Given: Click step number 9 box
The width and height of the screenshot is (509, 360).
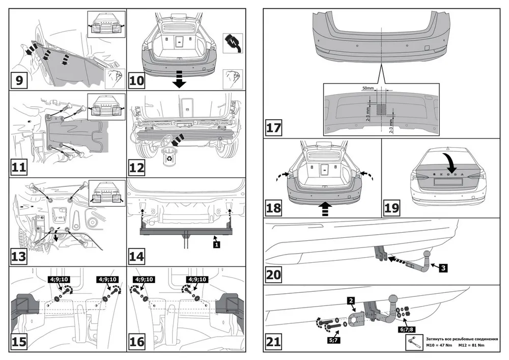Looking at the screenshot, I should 19,80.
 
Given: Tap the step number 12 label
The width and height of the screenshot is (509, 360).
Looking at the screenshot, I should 136,167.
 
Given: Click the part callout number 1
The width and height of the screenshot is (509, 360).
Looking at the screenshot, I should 216,245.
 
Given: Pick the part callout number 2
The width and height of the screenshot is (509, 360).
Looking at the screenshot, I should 351,301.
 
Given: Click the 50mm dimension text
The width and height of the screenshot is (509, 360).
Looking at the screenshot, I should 367,89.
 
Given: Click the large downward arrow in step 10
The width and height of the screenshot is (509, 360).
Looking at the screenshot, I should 179,79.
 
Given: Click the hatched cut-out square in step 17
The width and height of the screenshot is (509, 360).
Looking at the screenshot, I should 381,108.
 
